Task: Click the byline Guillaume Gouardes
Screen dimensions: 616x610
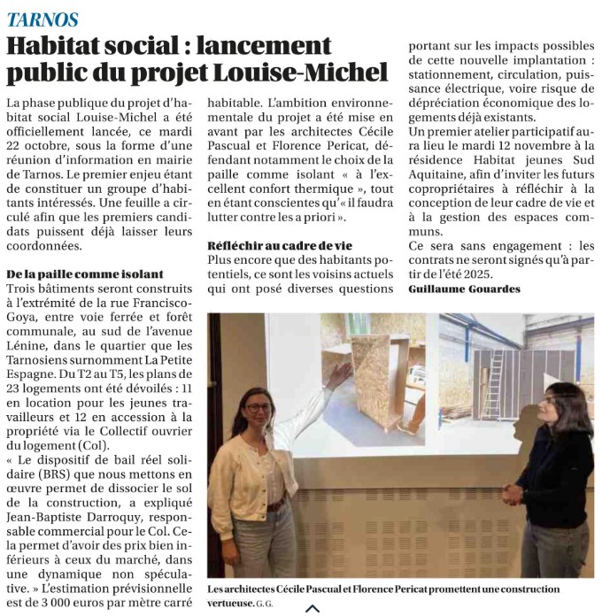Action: point(464,289)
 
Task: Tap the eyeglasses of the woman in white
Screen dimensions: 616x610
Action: point(257,407)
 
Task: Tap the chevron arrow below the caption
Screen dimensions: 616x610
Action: point(312,608)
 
